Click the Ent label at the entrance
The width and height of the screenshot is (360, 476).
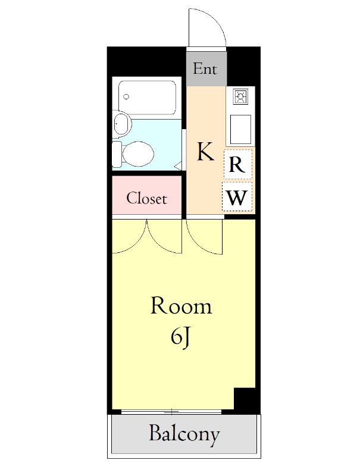pos(205,68)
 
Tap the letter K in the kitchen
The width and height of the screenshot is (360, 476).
pos(205,152)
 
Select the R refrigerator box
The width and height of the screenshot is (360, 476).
pos(238,164)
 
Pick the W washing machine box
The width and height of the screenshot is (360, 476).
pos(237,197)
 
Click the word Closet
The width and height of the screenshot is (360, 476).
pos(146,199)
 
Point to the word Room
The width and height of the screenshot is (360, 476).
pos(181,306)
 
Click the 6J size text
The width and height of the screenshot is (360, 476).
pos(180,337)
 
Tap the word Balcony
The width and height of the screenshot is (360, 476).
pos(184,434)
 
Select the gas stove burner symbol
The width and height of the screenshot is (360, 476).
pos(240,96)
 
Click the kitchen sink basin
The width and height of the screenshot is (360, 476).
pos(240,129)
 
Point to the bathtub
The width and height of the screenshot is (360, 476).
pos(147,98)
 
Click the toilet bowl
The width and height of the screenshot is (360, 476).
pos(138,154)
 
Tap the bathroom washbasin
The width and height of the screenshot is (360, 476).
pos(123,124)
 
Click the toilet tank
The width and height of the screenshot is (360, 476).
pos(117,154)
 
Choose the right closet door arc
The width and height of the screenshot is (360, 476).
pos(157,243)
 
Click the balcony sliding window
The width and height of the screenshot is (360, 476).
pos(171,412)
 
